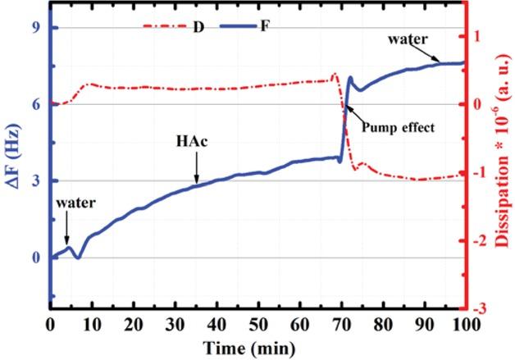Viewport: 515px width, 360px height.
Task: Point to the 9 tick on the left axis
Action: pyautogui.click(x=38, y=28)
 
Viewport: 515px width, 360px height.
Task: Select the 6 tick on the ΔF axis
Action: pyautogui.click(x=38, y=104)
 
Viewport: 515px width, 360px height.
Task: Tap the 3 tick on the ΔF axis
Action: pyautogui.click(x=38, y=181)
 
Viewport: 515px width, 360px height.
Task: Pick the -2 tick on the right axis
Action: pyautogui.click(x=485, y=240)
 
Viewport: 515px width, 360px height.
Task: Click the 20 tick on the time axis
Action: pyautogui.click(x=134, y=324)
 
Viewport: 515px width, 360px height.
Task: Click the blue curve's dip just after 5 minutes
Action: pyautogui.click(x=78, y=257)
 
